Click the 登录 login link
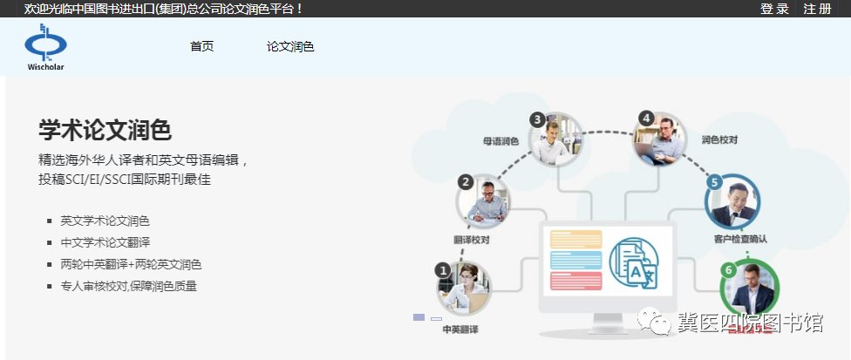pyautogui.click(x=774, y=9)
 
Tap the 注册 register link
pyautogui.click(x=818, y=9)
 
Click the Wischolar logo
pyautogui.click(x=45, y=47)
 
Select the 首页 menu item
pyautogui.click(x=202, y=46)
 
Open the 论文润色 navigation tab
pyautogui.click(x=290, y=46)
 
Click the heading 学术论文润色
pyautogui.click(x=106, y=130)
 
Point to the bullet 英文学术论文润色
pyautogui.click(x=105, y=221)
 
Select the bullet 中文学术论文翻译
pyautogui.click(x=105, y=243)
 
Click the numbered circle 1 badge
pyautogui.click(x=444, y=269)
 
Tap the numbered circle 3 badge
pyautogui.click(x=537, y=119)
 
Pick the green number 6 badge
pyautogui.click(x=728, y=269)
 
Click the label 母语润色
pyautogui.click(x=501, y=141)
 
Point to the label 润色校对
pyautogui.click(x=719, y=139)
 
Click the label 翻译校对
pyautogui.click(x=472, y=239)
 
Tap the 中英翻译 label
pyautogui.click(x=460, y=329)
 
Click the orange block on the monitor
pyautogui.click(x=575, y=240)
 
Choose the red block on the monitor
pyautogui.click(x=575, y=281)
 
